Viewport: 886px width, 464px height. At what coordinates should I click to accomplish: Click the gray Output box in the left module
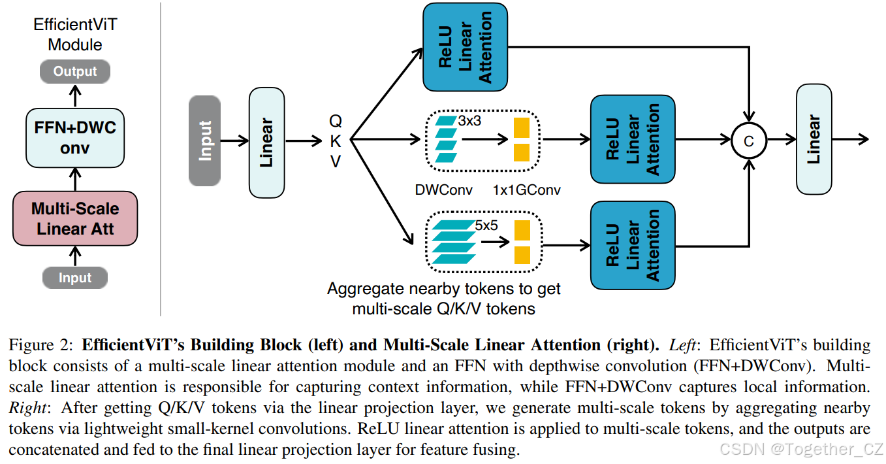point(75,71)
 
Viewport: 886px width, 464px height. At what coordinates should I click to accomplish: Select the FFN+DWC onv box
point(75,137)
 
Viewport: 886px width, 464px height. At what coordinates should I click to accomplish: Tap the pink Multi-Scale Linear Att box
point(75,218)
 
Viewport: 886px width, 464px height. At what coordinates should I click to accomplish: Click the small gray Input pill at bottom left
point(75,278)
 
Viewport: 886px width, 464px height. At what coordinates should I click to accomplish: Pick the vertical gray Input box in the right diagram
point(204,141)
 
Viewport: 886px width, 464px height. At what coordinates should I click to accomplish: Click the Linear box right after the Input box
point(266,142)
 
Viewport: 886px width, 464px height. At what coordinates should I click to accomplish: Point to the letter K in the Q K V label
point(336,141)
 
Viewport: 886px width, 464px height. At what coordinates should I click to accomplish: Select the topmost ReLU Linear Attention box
point(465,47)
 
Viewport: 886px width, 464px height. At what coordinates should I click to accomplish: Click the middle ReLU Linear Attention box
point(633,139)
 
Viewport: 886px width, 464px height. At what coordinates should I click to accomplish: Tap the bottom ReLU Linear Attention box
point(633,246)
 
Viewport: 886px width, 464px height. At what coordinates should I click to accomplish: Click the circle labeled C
point(748,140)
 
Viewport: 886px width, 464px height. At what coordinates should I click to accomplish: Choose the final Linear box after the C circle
point(814,139)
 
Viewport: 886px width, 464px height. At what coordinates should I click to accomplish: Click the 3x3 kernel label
point(470,122)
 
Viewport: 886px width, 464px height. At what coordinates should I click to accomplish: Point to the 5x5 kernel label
point(486,225)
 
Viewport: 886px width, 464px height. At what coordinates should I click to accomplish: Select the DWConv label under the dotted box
point(443,190)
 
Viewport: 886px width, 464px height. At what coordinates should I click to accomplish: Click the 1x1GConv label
point(527,190)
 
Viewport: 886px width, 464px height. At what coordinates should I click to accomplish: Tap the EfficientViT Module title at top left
point(75,35)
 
